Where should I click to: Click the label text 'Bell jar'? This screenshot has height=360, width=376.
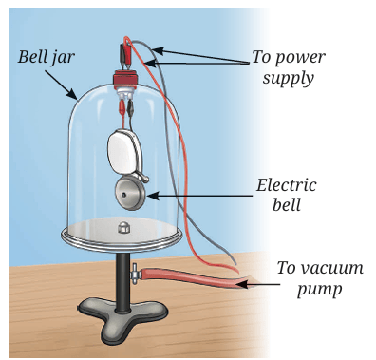[x=47, y=57]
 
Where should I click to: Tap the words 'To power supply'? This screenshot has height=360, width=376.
[x=289, y=67]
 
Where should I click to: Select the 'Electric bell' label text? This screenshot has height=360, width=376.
[x=286, y=195]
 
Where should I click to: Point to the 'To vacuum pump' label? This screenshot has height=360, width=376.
[x=320, y=277]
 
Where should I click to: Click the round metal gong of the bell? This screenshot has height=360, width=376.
[x=130, y=194]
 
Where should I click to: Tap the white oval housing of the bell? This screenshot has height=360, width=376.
[x=122, y=151]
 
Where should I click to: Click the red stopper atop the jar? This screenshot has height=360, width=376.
[x=124, y=79]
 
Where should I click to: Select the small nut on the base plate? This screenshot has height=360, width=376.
[x=122, y=227]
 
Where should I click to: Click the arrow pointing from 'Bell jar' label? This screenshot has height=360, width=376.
[x=61, y=85]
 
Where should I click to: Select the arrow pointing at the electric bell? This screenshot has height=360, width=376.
[x=199, y=196]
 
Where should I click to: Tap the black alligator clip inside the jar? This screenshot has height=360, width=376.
[x=130, y=106]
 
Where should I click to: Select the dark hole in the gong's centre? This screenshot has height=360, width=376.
[x=125, y=194]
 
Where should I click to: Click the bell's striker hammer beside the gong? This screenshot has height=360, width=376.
[x=143, y=178]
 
